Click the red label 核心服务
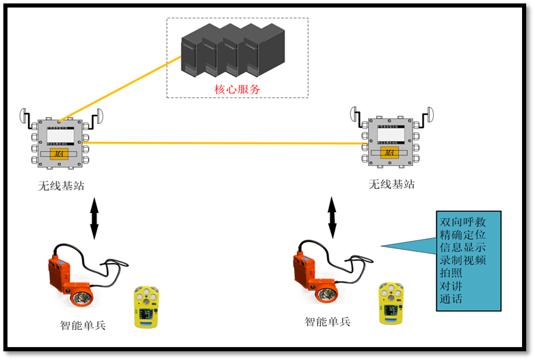click(x=237, y=89)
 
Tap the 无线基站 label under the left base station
click(x=62, y=186)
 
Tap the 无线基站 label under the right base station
click(x=391, y=184)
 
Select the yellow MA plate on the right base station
click(x=388, y=152)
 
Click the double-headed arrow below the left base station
click(x=94, y=218)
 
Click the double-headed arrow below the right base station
click(x=332, y=217)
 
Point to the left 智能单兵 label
click(x=83, y=325)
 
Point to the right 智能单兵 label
click(x=327, y=321)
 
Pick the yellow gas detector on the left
click(x=146, y=309)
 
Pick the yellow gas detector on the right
click(x=389, y=304)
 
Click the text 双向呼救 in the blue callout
click(x=463, y=222)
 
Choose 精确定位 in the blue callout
click(x=463, y=235)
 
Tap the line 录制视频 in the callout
click(x=463, y=260)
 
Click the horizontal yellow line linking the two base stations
click(x=226, y=143)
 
